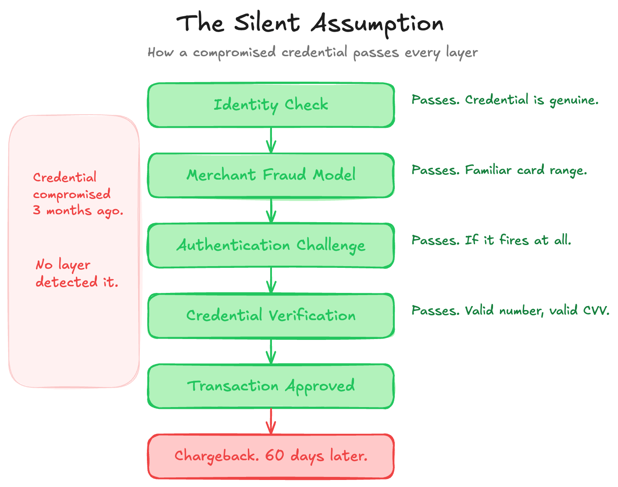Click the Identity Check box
coord(271,105)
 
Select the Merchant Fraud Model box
coord(271,175)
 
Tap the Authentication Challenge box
coord(271,245)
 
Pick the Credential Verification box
coord(271,316)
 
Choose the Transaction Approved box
coord(271,386)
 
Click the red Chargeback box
coord(271,456)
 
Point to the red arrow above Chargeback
coord(271,421)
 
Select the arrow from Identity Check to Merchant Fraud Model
coord(271,140)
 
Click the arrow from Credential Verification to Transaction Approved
coord(271,351)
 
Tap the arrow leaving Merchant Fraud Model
coord(271,210)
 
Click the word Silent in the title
coord(267,22)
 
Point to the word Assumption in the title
coord(377,24)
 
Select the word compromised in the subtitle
coord(234,53)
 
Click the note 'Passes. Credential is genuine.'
coord(505,100)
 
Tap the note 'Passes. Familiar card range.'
coord(500,170)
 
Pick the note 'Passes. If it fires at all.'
coord(491,240)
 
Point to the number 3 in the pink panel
coord(37,210)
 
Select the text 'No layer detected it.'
coord(77,273)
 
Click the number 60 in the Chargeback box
coord(274,455)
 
